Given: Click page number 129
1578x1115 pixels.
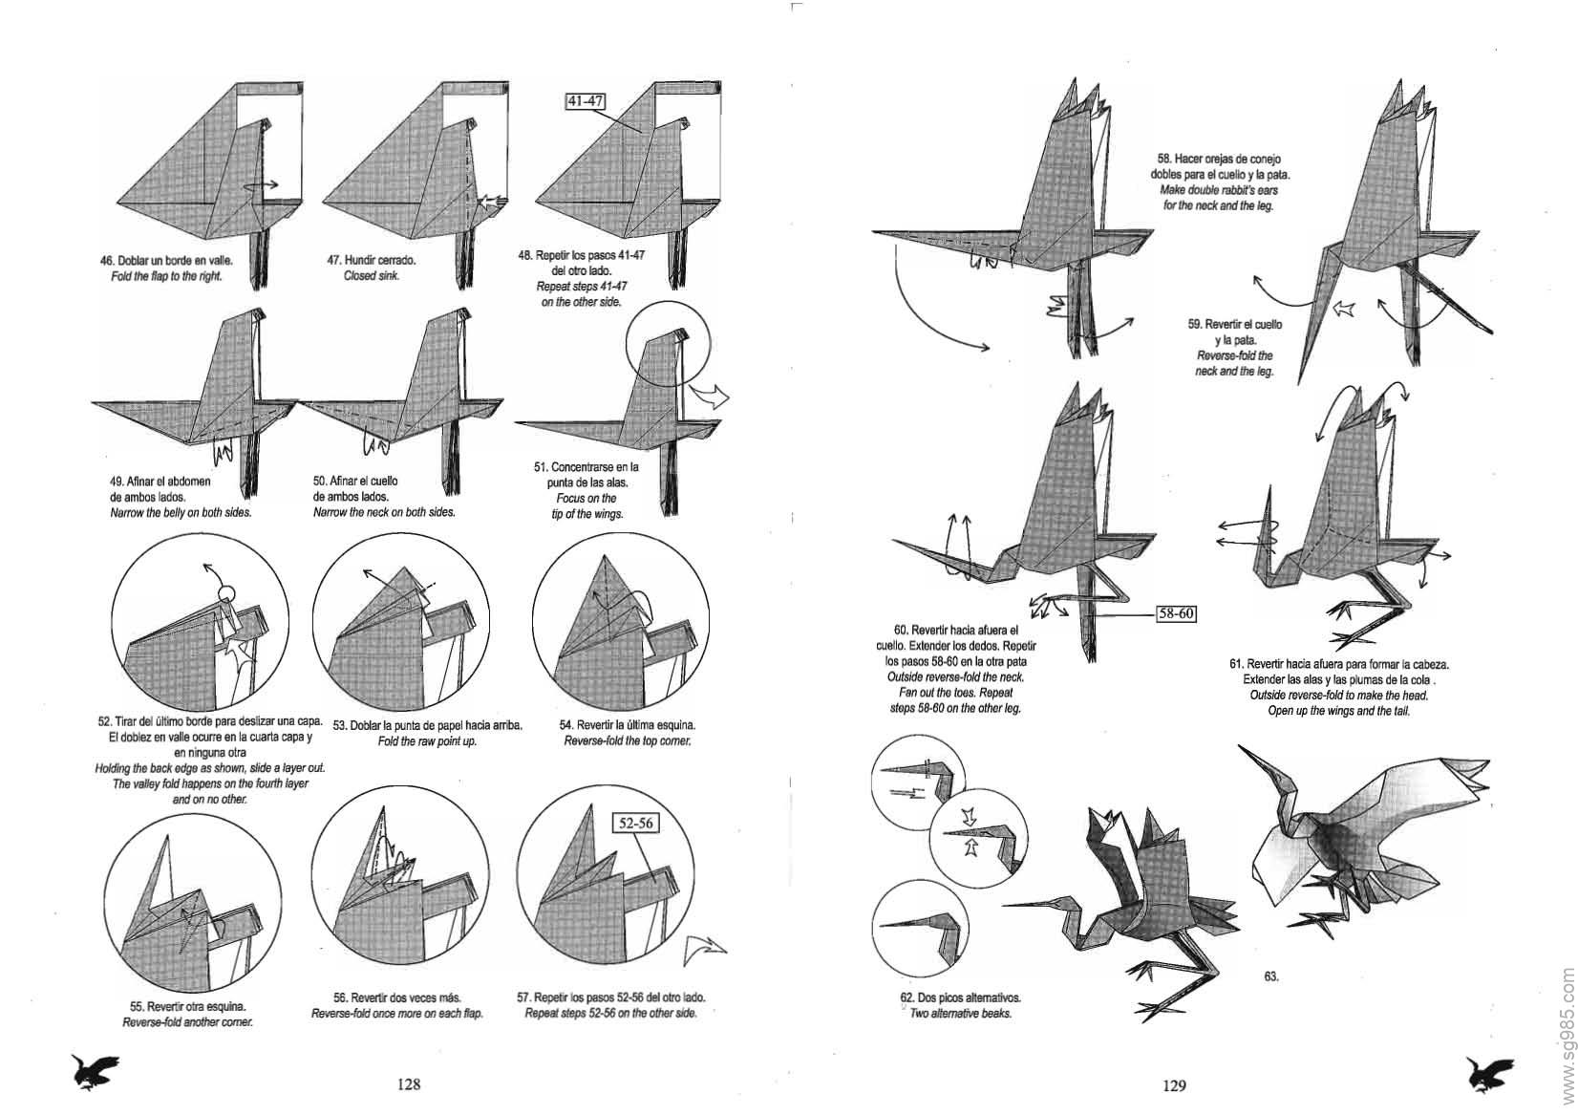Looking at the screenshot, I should point(1174,1085).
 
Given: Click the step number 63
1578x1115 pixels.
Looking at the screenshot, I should point(1271,976).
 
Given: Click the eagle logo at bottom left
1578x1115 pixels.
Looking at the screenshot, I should point(96,1073).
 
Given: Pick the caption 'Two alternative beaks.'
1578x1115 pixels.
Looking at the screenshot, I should point(960,1014).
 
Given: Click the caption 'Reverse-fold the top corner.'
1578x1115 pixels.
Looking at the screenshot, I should point(627,740).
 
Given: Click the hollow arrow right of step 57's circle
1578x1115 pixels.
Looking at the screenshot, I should point(705,952).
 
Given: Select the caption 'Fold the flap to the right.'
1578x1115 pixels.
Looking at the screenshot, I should point(167,276).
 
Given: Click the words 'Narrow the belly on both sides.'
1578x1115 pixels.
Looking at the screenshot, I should point(181,513).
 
